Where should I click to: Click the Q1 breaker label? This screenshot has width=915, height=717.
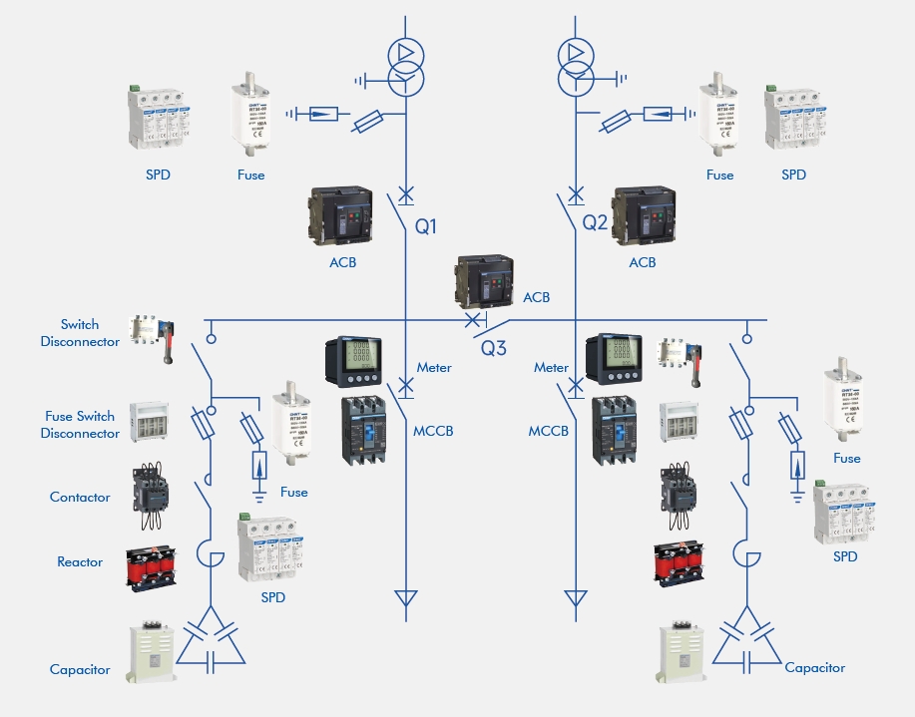click(x=426, y=226)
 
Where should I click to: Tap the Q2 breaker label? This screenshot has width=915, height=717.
click(x=595, y=222)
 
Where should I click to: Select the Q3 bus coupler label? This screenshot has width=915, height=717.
click(x=494, y=349)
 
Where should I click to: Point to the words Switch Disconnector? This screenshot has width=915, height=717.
click(x=80, y=333)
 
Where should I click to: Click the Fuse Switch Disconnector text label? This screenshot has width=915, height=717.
click(x=80, y=425)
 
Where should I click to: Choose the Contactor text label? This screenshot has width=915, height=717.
click(x=80, y=497)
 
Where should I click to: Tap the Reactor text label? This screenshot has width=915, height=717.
click(x=80, y=562)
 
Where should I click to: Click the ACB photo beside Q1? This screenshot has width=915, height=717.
click(x=338, y=215)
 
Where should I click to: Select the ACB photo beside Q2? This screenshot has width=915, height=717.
click(x=647, y=215)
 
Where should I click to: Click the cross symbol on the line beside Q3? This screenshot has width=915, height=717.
click(x=471, y=321)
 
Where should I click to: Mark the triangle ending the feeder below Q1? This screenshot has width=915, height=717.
click(x=405, y=599)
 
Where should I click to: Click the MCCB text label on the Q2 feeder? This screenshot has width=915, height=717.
click(x=549, y=432)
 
